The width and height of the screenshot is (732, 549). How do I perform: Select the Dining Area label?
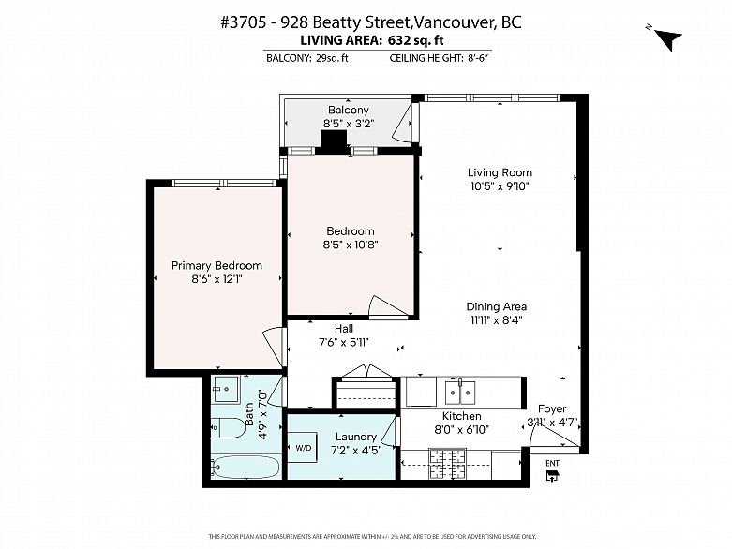pyautogui.click(x=497, y=306)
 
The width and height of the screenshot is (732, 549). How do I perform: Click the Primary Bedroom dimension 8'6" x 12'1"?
pyautogui.click(x=217, y=279)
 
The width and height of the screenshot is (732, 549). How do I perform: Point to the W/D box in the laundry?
pyautogui.click(x=305, y=449)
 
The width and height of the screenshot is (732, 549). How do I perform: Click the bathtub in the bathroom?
pyautogui.click(x=241, y=466)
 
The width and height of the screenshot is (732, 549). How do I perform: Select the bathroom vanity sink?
pyautogui.click(x=226, y=390)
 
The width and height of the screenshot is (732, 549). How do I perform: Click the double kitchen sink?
pyautogui.click(x=459, y=391)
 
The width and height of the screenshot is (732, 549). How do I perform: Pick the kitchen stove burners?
pyautogui.click(x=447, y=461)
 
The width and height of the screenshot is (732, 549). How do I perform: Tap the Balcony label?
pyautogui.click(x=348, y=111)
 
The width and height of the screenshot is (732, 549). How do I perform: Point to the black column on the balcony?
pyautogui.click(x=333, y=141)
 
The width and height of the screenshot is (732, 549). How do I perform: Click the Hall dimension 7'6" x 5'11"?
pyautogui.click(x=344, y=342)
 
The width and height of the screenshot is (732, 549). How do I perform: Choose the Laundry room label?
pyautogui.click(x=355, y=437)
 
